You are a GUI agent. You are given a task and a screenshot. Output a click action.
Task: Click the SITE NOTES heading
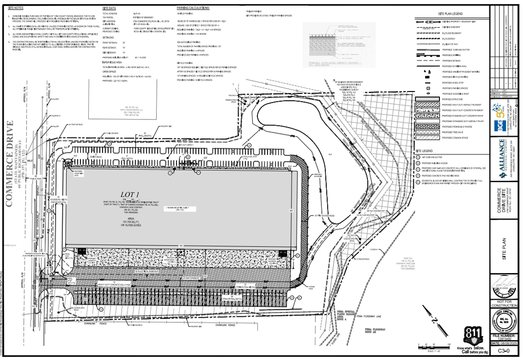click(16, 8)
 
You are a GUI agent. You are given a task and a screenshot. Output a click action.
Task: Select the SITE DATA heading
click(109, 8)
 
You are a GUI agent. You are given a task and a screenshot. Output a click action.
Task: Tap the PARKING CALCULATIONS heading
click(193, 8)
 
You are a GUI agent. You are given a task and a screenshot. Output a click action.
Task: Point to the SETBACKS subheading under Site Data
click(108, 38)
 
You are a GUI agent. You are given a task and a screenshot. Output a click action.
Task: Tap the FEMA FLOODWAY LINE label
click(368, 317)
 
